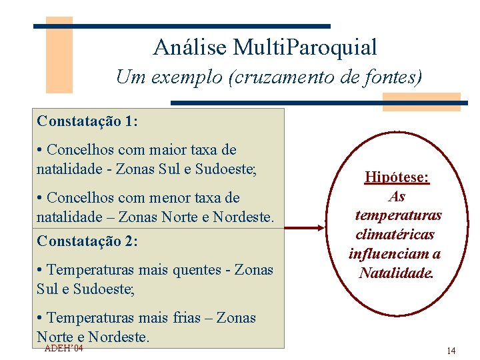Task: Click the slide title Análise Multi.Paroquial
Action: [265, 47]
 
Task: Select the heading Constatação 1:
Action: [87, 121]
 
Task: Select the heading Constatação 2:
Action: [87, 241]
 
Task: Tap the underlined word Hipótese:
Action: [397, 178]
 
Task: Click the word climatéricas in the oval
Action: [395, 235]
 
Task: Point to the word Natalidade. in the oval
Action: [396, 272]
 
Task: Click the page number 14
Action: [451, 351]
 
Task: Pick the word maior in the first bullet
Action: [169, 150]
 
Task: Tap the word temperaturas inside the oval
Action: [398, 215]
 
